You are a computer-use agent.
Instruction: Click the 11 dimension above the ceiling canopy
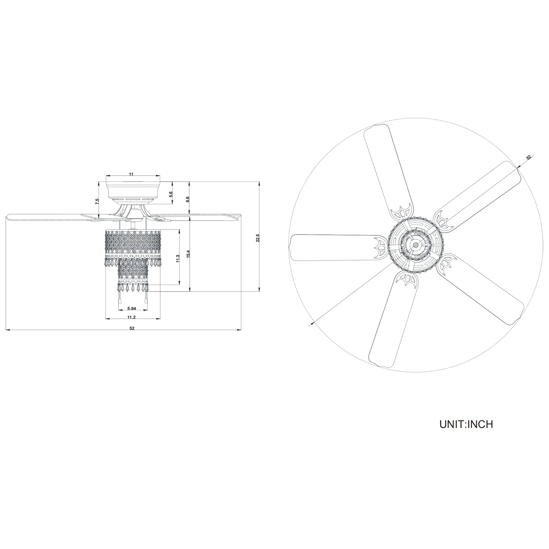[131, 174]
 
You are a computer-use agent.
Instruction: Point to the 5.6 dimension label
[170, 194]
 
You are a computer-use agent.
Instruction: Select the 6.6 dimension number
[187, 199]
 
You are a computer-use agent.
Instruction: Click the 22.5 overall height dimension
[257, 238]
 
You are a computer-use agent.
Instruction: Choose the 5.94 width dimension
[132, 308]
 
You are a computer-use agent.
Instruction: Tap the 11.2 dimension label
[131, 317]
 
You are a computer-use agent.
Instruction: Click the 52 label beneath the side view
[132, 328]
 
